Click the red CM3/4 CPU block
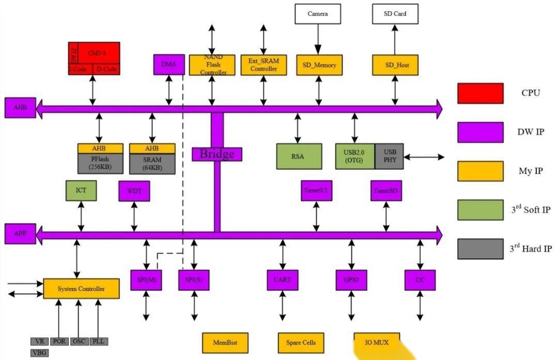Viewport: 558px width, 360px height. pos(94,58)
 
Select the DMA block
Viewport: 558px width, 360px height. pos(169,65)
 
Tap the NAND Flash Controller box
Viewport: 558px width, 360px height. pos(212,65)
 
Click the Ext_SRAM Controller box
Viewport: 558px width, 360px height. pos(264,65)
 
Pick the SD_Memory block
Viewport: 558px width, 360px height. pos(319,65)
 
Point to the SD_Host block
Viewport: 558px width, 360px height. pos(395,65)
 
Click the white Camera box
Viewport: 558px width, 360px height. pos(317,14)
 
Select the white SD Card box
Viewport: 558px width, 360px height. pos(395,14)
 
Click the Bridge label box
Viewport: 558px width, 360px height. pos(217,154)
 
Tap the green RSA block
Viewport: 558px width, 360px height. pos(299,156)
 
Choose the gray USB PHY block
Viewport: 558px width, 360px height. pos(389,156)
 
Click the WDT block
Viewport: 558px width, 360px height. pos(134,191)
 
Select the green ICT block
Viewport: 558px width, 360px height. pos(81,191)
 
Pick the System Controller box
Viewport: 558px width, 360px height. pos(81,289)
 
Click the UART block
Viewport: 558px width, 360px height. pos(282,280)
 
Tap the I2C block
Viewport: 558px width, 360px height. pos(420,280)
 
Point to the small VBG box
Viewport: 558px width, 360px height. pos(40,353)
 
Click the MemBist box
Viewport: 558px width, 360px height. pos(224,342)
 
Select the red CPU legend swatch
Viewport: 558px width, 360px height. pos(480,93)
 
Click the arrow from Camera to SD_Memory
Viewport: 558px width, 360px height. pos(317,39)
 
